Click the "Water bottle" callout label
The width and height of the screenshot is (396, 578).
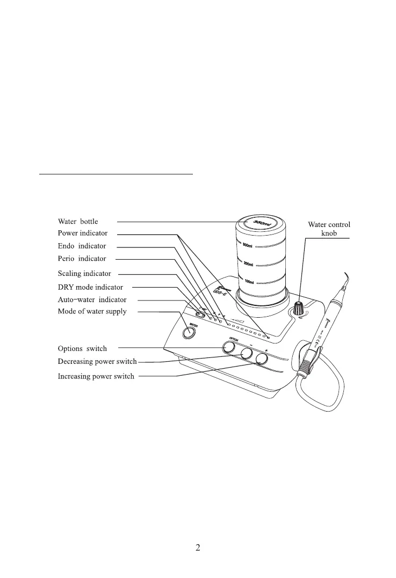pyautogui.click(x=78, y=221)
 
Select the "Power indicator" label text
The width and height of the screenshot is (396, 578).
pyautogui.click(x=83, y=233)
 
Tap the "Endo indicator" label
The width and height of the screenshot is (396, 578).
pyautogui.click(x=82, y=246)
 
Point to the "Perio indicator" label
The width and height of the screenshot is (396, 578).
pyautogui.click(x=82, y=259)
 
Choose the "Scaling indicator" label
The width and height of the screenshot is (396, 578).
pyautogui.click(x=84, y=274)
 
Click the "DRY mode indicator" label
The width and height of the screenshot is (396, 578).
pyautogui.click(x=90, y=287)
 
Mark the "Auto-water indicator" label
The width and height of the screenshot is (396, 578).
pyautogui.click(x=92, y=299)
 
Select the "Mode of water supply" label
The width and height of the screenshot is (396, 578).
pyautogui.click(x=92, y=312)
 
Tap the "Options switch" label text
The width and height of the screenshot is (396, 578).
pyautogui.click(x=82, y=349)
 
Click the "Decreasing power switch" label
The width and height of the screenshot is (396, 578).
pyautogui.click(x=97, y=361)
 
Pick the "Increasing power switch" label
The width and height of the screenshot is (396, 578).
pyautogui.click(x=96, y=377)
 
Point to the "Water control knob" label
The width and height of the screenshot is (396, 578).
pyautogui.click(x=329, y=229)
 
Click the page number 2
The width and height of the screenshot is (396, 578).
pyautogui.click(x=198, y=548)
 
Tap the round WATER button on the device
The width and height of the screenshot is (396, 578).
pyautogui.click(x=188, y=333)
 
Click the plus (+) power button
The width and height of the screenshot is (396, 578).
pyautogui.click(x=262, y=358)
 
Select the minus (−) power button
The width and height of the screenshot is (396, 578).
pyautogui.click(x=247, y=354)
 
